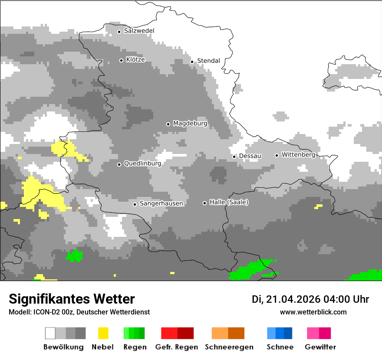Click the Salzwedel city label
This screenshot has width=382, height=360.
point(139,31)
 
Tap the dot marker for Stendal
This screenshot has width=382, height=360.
point(192,62)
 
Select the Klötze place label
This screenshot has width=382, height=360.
point(135,59)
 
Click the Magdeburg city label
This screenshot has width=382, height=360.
point(190,124)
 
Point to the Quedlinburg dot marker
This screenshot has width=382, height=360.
point(119,164)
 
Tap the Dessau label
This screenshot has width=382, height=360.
point(250,156)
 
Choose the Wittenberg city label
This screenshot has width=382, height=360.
point(298,154)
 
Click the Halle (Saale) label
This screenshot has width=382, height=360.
point(229,202)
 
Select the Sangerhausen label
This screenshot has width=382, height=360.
point(161,203)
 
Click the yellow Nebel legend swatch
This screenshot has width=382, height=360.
point(103,333)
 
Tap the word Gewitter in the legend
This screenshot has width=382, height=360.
point(320,347)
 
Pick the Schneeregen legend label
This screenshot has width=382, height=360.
point(229,347)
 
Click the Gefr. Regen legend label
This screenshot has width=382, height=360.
point(177,347)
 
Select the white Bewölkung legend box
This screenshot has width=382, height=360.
point(50,333)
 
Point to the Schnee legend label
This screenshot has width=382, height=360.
point(280,347)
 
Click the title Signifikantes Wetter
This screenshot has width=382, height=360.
point(72,299)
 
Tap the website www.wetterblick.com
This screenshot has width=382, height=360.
point(313,312)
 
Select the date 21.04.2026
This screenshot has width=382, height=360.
point(293,299)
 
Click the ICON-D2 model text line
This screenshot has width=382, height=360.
point(79,312)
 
